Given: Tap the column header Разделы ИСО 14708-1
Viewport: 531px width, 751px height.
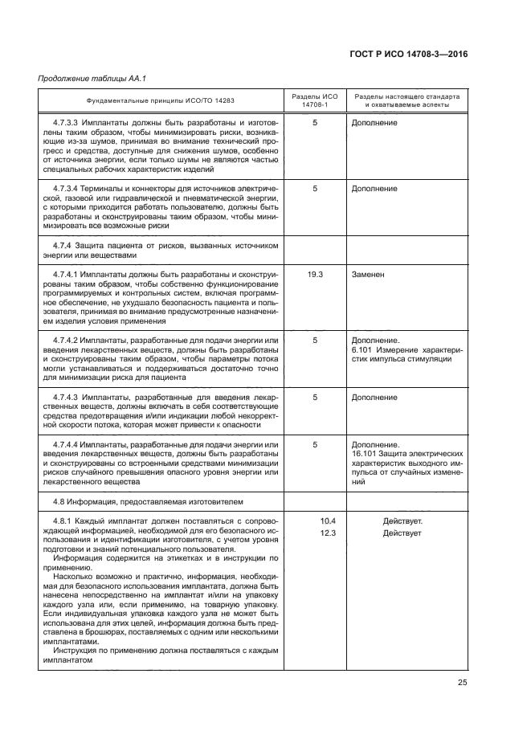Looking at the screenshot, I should click(x=315, y=100).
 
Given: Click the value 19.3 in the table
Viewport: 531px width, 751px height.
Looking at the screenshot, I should click(x=315, y=274).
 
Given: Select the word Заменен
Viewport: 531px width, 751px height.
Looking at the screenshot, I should click(x=368, y=274).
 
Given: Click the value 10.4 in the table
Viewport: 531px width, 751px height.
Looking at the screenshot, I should click(x=328, y=521).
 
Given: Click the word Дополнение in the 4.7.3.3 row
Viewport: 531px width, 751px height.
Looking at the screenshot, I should click(x=374, y=123).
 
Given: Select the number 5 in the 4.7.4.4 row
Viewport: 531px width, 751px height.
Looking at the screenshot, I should click(x=315, y=443).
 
